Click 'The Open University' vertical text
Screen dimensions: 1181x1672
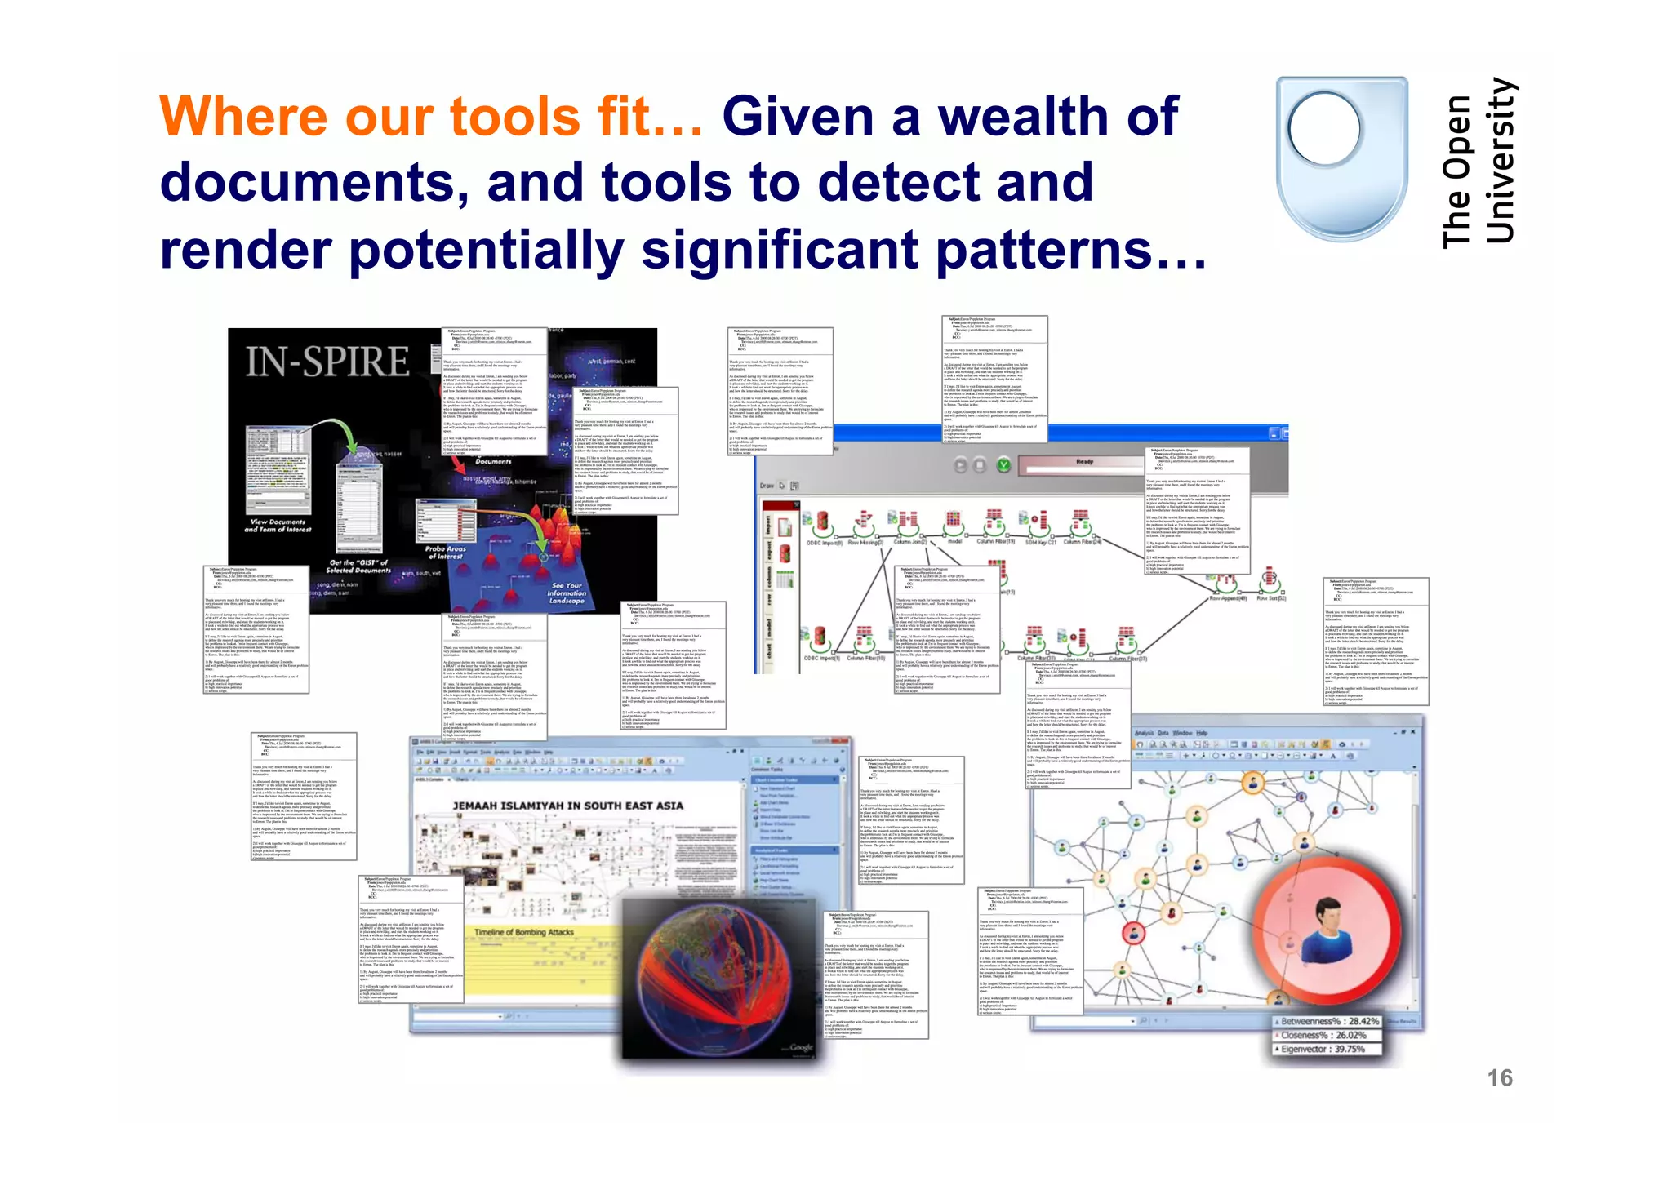(x=1479, y=163)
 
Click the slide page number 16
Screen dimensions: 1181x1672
(x=1500, y=1078)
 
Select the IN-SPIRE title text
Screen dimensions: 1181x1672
(x=327, y=362)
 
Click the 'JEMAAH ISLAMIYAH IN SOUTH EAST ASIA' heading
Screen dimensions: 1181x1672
(x=568, y=806)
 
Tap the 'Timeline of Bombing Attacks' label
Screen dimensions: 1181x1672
(x=524, y=932)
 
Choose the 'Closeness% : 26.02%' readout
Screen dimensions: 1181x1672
(x=1323, y=1035)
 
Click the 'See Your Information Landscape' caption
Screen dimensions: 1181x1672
(x=567, y=593)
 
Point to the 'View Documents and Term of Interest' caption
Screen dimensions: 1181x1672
(x=278, y=526)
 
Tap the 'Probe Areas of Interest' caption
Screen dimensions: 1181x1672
(x=446, y=553)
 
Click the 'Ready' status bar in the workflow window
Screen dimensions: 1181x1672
(x=1084, y=463)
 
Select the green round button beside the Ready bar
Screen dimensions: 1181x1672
(x=1003, y=465)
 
